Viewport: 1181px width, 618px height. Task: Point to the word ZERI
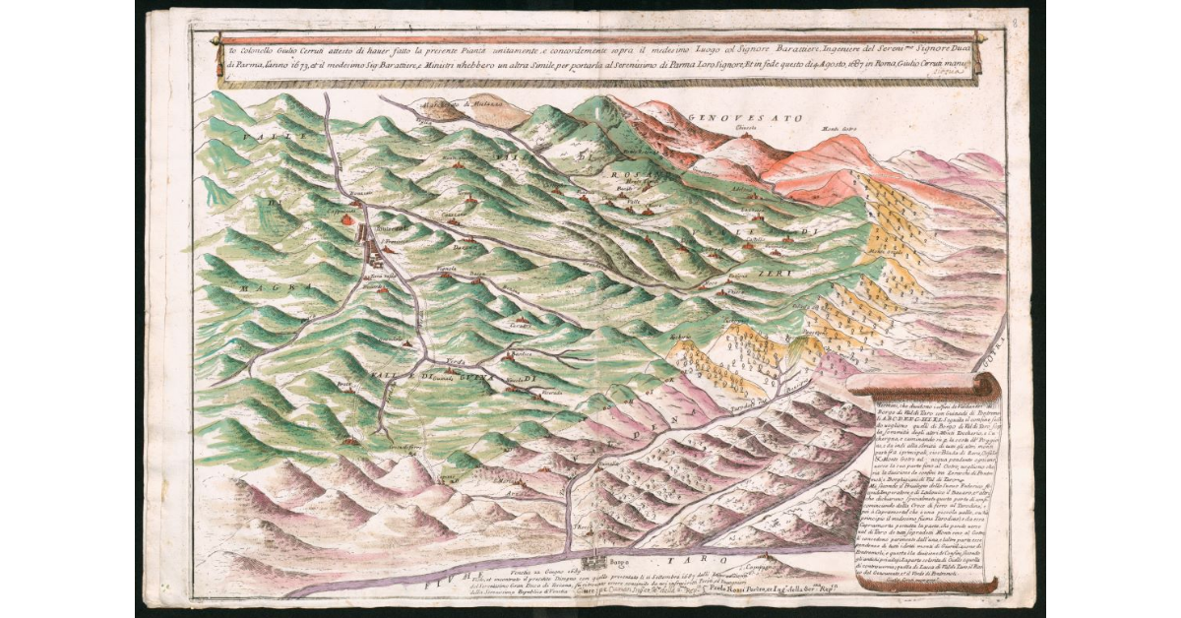point(771,273)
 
